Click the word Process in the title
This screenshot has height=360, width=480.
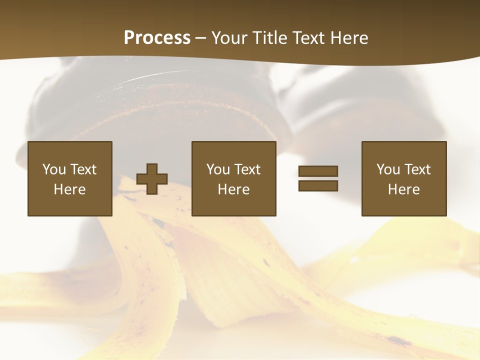157,38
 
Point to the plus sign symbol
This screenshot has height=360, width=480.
152,179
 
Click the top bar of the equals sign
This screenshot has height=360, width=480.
318,171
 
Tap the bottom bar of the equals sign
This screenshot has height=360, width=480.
318,186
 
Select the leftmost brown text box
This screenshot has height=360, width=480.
70,178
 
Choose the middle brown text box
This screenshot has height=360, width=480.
234,178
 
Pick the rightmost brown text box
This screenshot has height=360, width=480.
404,178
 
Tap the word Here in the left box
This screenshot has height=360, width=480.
70,189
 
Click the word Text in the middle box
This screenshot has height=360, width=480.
247,169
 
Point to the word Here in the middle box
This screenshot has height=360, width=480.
234,189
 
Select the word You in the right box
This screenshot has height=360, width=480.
388,169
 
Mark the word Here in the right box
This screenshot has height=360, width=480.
404,189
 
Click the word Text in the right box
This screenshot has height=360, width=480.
417,169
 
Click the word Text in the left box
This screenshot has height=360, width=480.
83,169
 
